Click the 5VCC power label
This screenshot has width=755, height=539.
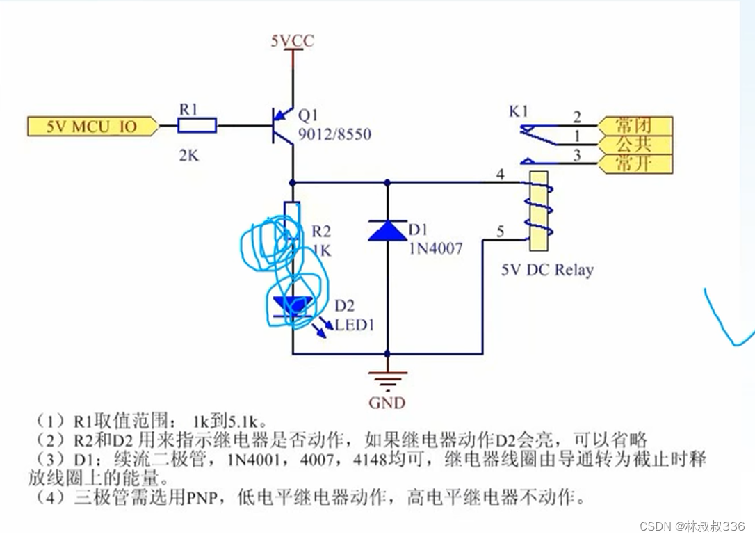coord(292,41)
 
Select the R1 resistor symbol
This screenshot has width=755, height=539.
coord(197,126)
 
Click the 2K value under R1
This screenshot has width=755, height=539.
coord(189,156)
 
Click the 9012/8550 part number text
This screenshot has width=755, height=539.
coord(334,135)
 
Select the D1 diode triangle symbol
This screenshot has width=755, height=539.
coord(387,230)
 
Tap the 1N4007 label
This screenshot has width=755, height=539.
coord(436,247)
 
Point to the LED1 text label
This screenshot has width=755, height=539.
coord(355,324)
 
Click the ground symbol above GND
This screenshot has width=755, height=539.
coord(387,379)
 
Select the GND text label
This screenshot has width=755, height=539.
coord(387,402)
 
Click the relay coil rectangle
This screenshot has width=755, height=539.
coord(539,211)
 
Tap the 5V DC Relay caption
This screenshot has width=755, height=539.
coord(547,269)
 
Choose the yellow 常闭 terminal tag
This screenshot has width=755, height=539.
coord(633,126)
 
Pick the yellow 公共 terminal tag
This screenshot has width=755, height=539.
coord(633,145)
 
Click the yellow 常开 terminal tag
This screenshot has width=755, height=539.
coord(633,164)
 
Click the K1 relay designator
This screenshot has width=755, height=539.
coord(518,111)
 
